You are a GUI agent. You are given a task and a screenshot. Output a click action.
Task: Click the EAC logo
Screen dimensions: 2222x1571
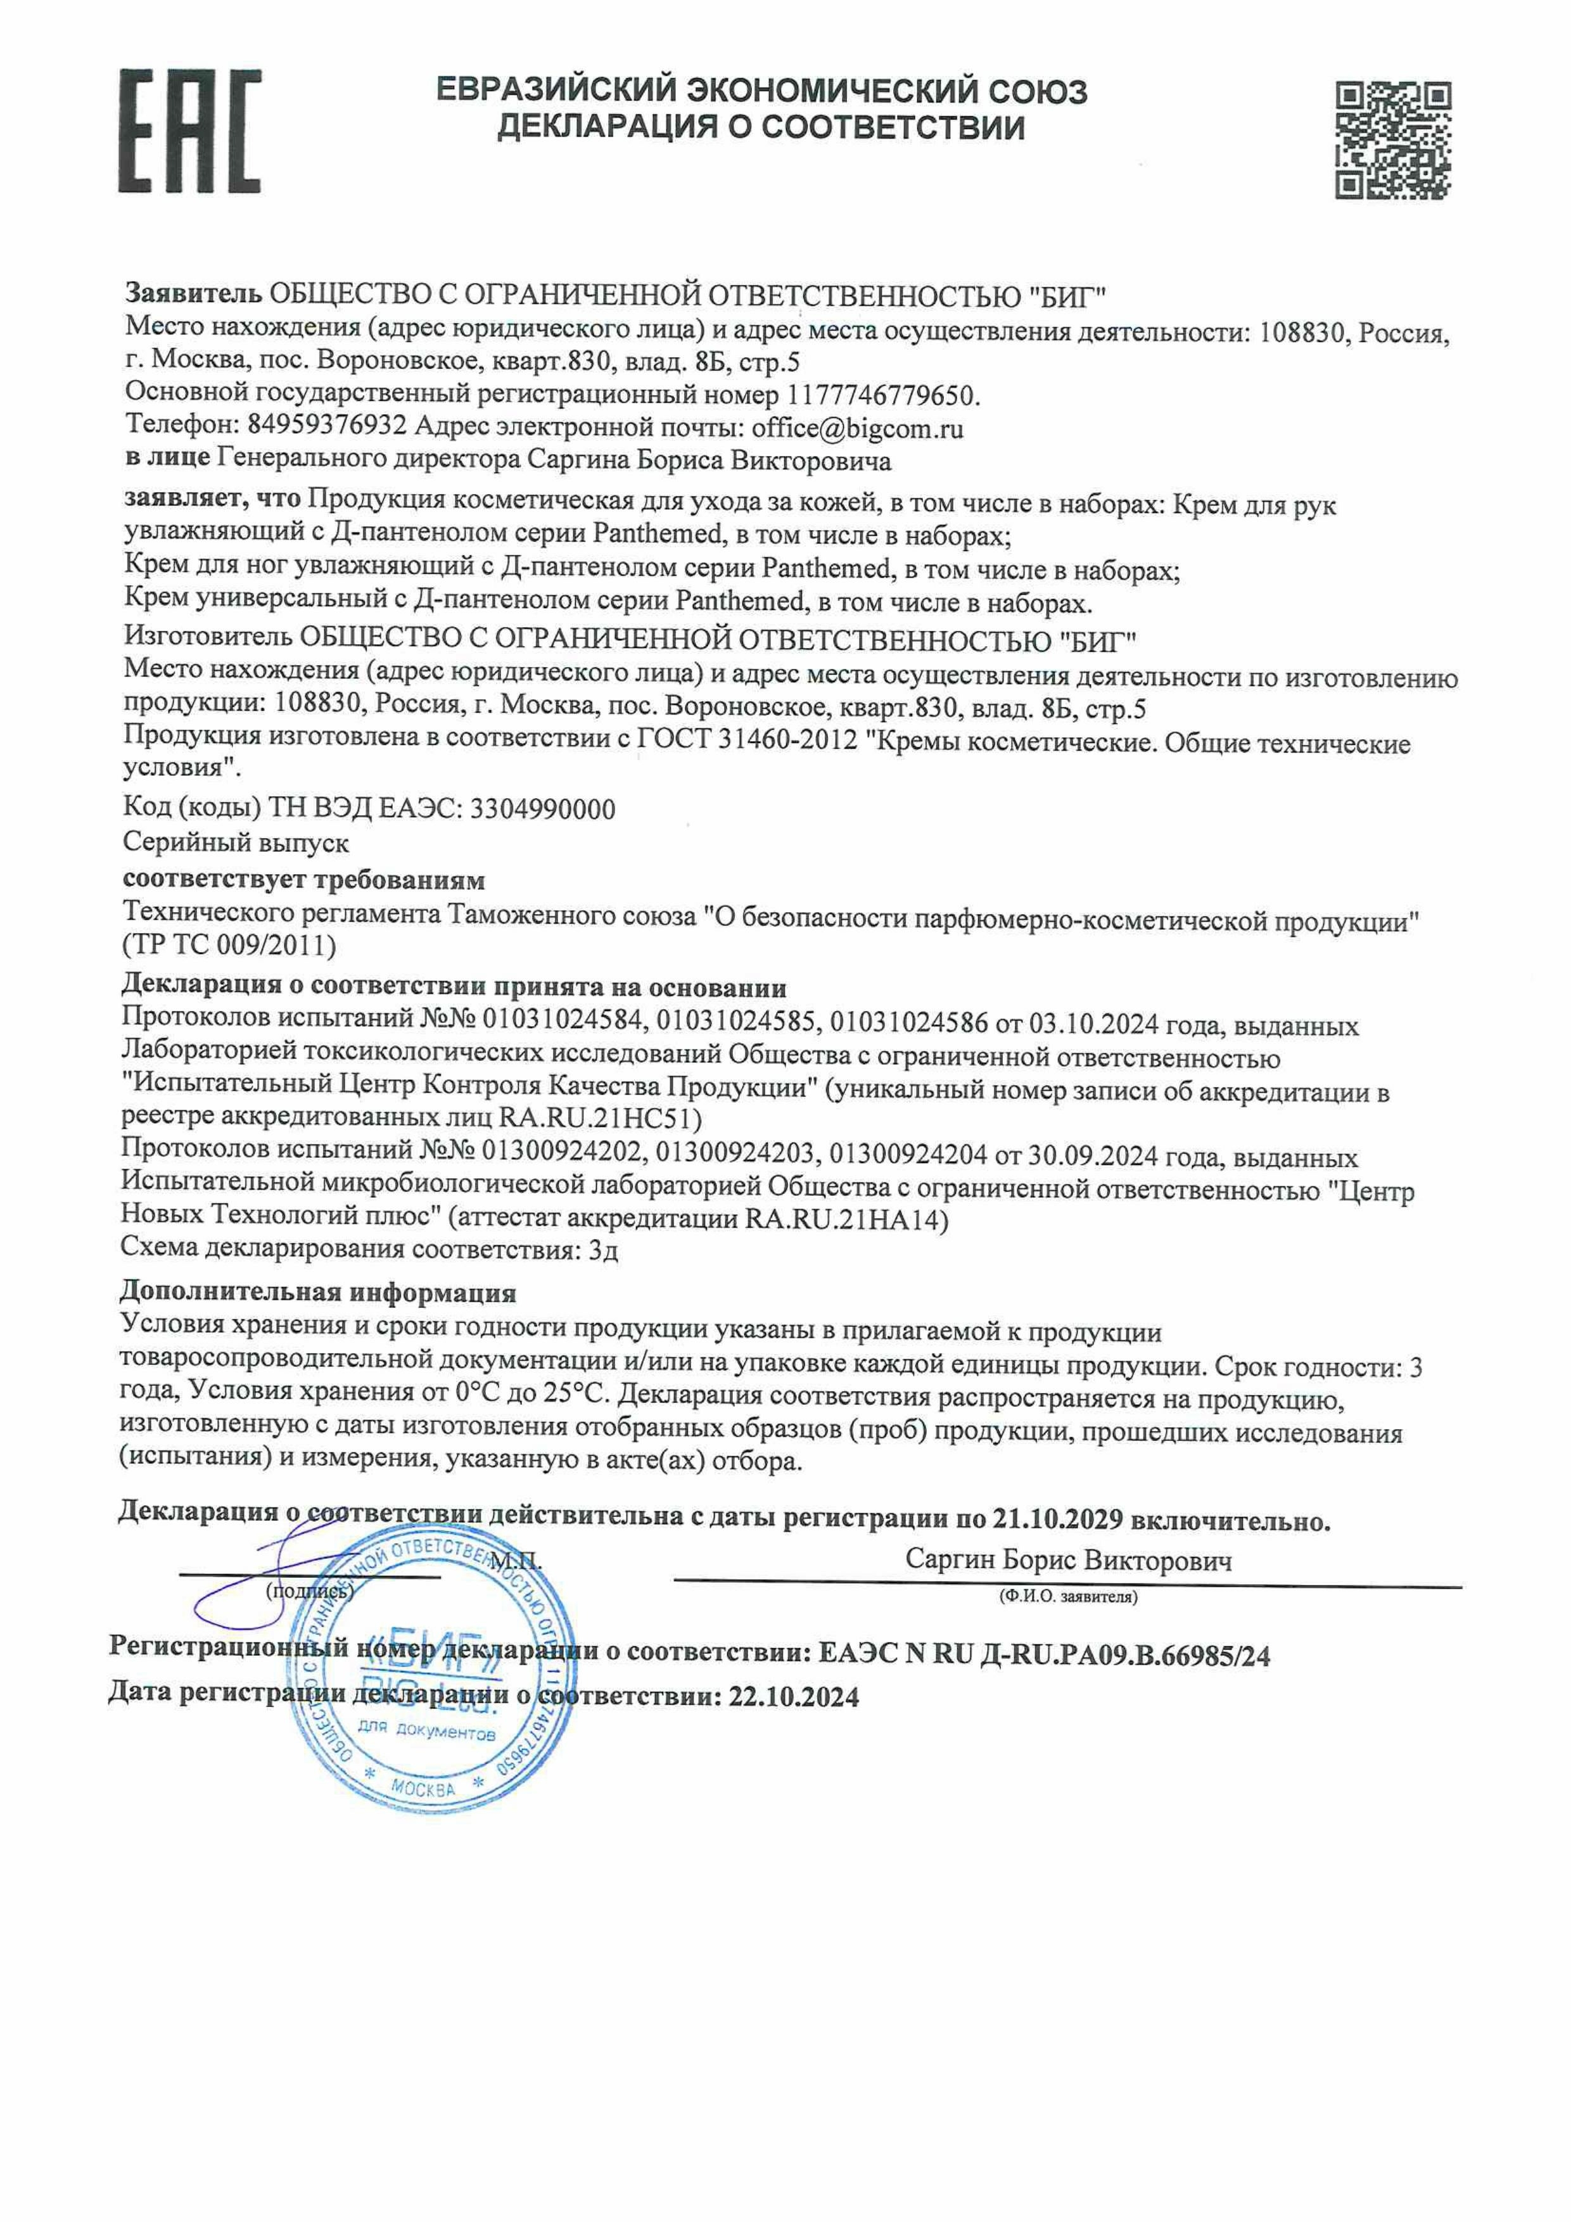point(189,132)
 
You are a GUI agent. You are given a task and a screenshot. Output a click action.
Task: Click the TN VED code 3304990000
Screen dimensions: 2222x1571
point(542,809)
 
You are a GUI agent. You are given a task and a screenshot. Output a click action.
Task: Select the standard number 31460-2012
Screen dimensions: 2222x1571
point(789,740)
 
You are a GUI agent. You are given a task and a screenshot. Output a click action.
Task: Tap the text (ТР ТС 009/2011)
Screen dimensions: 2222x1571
point(229,946)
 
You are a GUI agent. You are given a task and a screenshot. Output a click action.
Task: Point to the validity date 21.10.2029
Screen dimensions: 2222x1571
point(1057,1520)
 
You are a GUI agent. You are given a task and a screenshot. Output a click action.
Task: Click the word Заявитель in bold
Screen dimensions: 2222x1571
point(193,294)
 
